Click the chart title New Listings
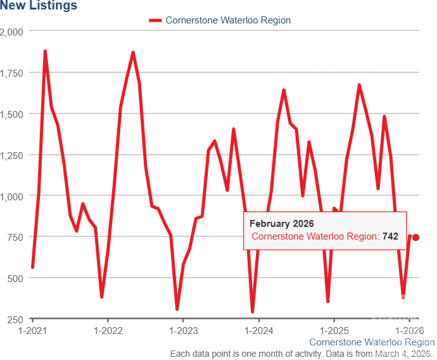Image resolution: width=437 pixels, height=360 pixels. [x=39, y=6]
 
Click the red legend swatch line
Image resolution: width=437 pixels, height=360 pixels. [x=155, y=20]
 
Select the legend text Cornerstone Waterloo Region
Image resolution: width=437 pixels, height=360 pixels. [x=228, y=20]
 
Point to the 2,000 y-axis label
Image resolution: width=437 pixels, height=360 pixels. [x=11, y=32]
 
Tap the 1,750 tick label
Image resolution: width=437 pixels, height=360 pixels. [x=11, y=73]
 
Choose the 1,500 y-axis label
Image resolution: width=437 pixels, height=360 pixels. [x=11, y=114]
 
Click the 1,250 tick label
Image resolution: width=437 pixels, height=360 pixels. [x=11, y=155]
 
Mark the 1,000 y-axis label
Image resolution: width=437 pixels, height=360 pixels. [x=11, y=196]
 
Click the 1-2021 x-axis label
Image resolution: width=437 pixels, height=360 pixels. [x=32, y=331]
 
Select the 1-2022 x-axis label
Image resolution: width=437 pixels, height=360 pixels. [x=107, y=331]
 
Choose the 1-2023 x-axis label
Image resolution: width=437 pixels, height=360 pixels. [x=182, y=331]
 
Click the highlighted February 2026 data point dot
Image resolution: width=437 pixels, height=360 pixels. [x=416, y=238]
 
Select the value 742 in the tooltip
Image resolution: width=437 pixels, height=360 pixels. [x=390, y=236]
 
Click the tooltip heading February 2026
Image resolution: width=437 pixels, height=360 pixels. [x=281, y=224]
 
